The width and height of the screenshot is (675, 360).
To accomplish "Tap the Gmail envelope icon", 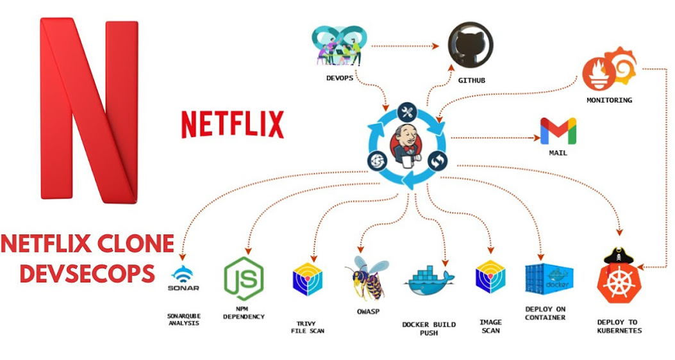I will [558, 131].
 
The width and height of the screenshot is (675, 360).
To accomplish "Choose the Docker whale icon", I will [429, 281].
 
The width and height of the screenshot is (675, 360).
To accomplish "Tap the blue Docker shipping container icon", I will [549, 279].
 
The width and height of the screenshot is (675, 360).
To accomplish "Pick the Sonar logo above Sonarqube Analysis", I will [184, 279].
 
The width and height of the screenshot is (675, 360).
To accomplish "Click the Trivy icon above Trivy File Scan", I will [307, 279].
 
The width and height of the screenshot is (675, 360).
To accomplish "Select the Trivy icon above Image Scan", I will [491, 278].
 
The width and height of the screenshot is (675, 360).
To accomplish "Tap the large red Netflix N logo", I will [89, 109].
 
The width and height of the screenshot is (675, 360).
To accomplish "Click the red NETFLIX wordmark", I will [232, 124].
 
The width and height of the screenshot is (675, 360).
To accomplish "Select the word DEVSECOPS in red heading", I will [87, 273].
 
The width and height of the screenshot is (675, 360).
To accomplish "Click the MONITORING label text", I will [609, 101].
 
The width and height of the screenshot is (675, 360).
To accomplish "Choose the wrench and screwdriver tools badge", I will [408, 113].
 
